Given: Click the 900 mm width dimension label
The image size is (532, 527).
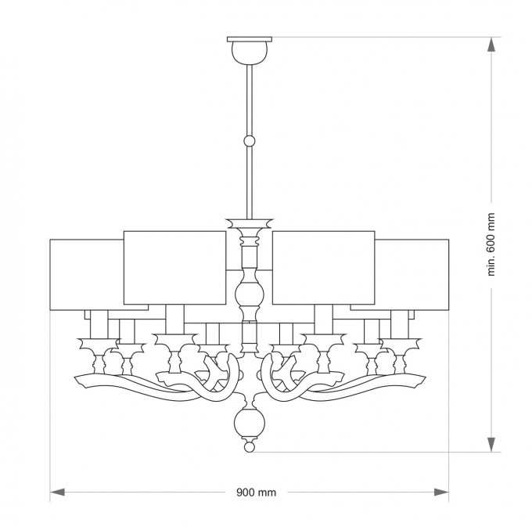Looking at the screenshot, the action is pos(256,492).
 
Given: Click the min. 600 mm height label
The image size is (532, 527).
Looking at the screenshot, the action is pos(491,244).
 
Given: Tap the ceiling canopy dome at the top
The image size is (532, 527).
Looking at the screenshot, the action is pos(250,52).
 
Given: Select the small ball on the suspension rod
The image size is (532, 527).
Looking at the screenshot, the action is pos(250,141).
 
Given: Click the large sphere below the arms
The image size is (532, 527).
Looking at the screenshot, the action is pos(250,424).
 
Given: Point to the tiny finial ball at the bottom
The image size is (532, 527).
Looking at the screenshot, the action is pos(250,447).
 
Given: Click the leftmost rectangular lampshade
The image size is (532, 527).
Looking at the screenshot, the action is pos(87,275).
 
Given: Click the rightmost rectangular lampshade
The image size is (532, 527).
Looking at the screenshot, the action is pos(412,275).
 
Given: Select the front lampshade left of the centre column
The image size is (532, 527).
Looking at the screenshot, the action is pos(174,268).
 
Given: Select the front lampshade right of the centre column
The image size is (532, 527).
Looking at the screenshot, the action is pos(324,268).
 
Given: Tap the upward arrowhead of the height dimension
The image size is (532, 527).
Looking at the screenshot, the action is pos(491,45).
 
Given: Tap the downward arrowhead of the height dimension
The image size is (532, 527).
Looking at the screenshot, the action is pos(491,444).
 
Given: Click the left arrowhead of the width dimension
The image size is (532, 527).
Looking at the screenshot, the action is pos(57,492).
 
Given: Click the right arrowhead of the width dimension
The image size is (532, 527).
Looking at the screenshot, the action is pos(441,492).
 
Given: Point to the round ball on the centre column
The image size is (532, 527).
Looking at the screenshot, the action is pos(250,294).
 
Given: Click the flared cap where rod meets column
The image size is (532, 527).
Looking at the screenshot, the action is pos(250,223).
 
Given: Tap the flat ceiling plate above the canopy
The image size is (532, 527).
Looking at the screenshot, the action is pos(250,39).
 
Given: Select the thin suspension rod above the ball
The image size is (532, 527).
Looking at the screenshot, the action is pos(250,99).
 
